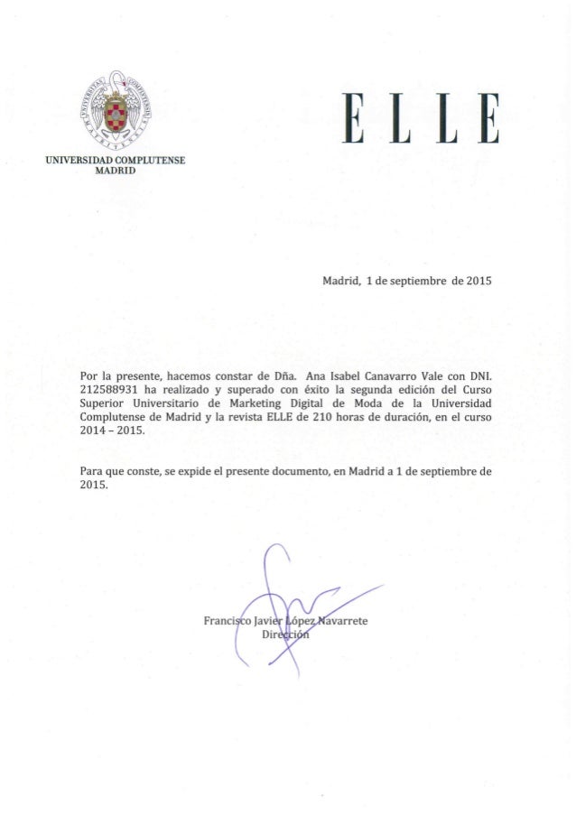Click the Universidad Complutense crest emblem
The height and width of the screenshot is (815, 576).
tap(115, 111)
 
